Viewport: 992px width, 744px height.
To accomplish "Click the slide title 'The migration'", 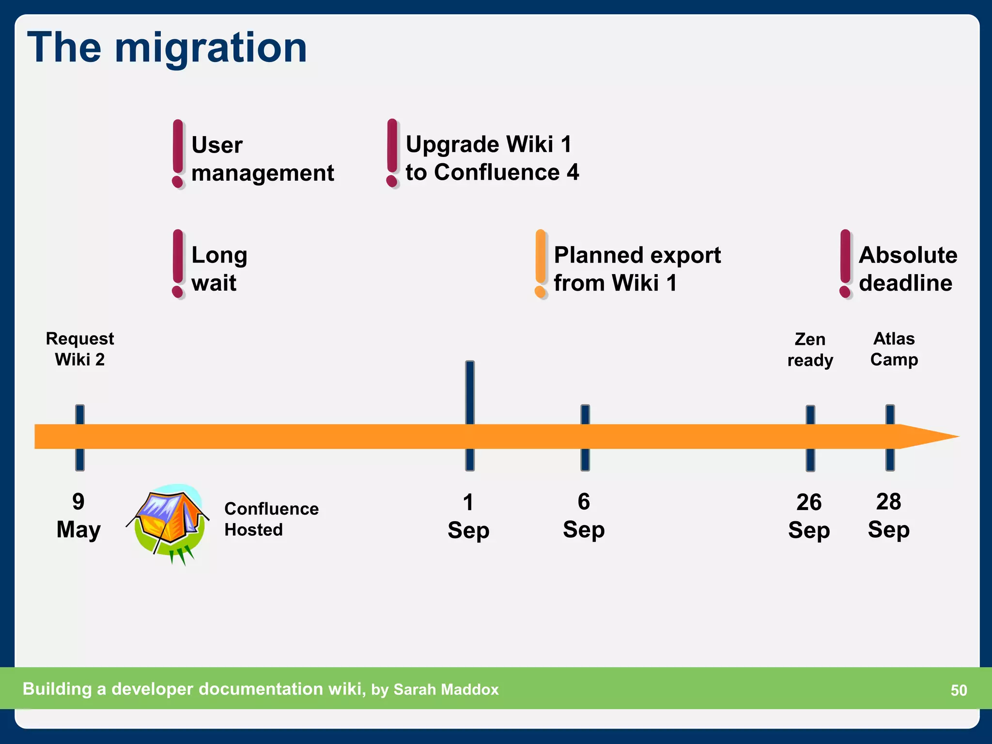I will (x=167, y=47).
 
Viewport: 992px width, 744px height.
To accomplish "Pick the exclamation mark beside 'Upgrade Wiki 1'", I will (x=392, y=153).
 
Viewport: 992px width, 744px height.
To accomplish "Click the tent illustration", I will (x=168, y=523).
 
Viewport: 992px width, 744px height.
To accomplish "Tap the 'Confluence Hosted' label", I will (x=271, y=519).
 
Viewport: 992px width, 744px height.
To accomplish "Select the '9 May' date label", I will (x=78, y=515).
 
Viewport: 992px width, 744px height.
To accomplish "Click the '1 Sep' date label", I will (x=468, y=516).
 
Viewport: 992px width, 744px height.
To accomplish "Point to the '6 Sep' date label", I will (x=584, y=515).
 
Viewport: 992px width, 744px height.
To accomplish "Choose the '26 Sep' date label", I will (x=809, y=516).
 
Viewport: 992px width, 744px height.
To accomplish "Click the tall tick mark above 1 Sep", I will (x=470, y=392).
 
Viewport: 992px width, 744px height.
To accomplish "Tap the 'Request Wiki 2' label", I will (x=80, y=349).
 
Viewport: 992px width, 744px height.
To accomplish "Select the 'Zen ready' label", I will (x=810, y=349).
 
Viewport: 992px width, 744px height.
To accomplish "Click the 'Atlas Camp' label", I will (x=894, y=349).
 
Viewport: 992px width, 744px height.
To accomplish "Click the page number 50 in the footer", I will (x=959, y=690).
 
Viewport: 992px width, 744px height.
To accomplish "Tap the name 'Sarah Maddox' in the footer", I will (x=446, y=689).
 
